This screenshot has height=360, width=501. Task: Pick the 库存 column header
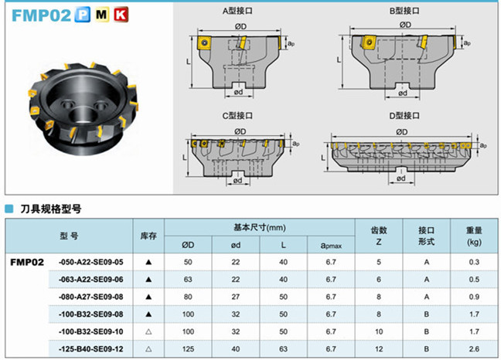pos(148,236)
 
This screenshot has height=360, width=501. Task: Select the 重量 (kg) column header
pos(474,236)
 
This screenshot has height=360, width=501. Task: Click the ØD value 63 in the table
pos(188,279)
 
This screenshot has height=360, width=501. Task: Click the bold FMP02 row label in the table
pos(27,262)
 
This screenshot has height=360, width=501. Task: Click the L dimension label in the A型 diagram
pos(189,59)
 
